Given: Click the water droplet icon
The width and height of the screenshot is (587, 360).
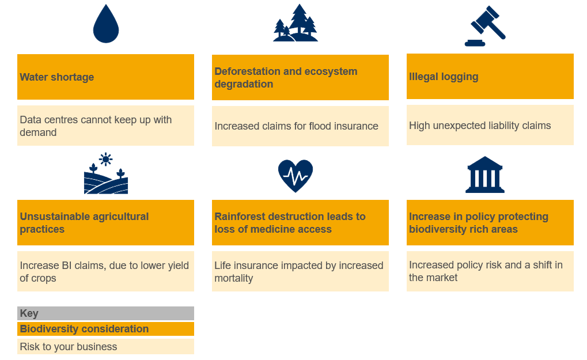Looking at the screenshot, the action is click(x=106, y=24).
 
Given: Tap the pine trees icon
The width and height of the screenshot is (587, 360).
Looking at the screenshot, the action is click(x=296, y=23).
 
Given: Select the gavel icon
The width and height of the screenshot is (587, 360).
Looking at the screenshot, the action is click(x=485, y=26).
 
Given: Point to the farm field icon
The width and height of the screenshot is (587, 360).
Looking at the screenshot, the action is click(x=106, y=173).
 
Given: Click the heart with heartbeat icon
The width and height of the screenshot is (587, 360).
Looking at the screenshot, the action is click(x=296, y=176).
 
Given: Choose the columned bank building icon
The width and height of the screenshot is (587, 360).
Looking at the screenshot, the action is click(x=485, y=175).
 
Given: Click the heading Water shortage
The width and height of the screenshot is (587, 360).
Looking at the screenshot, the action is click(x=57, y=77).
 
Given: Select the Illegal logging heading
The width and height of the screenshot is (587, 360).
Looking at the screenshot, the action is click(x=444, y=77).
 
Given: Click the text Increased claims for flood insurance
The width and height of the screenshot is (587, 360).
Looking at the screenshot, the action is click(x=296, y=126).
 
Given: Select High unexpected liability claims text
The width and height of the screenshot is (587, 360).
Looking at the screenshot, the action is click(x=480, y=126).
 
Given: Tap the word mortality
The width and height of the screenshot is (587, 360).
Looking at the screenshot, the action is click(x=234, y=278).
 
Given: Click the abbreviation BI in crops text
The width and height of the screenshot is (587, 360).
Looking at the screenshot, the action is click(x=67, y=266).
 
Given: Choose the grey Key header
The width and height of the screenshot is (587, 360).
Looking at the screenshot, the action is click(x=105, y=313).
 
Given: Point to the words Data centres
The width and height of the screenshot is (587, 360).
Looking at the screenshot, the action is click(x=47, y=120).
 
